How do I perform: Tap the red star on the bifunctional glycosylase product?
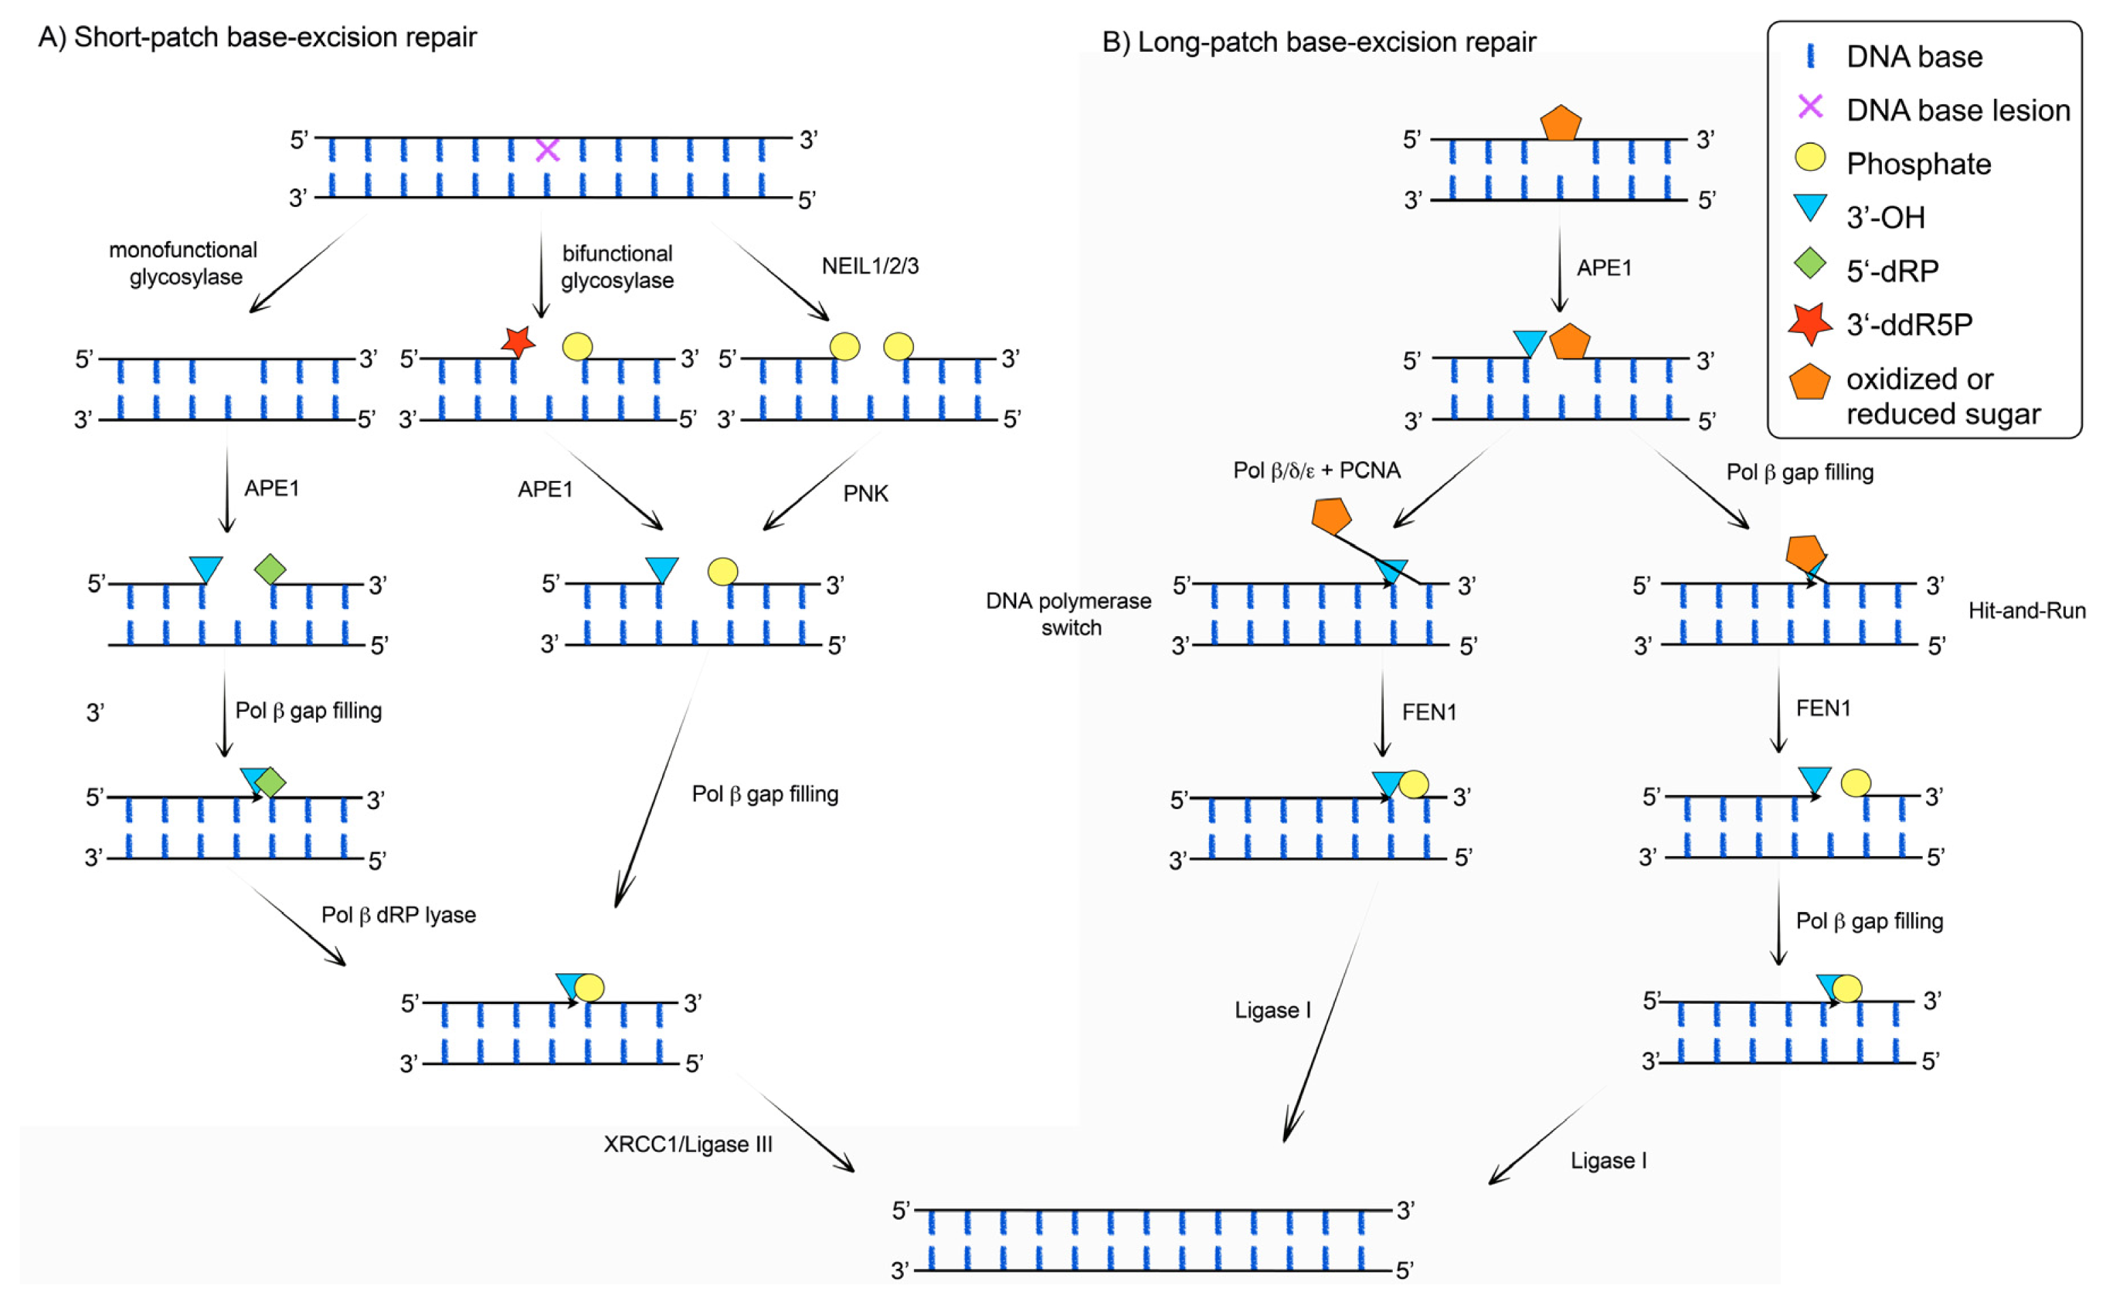tap(518, 343)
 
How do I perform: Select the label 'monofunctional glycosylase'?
tap(184, 263)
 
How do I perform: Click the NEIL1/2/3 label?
tap(870, 266)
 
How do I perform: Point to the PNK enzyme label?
tap(866, 494)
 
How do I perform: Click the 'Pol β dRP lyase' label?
tap(398, 915)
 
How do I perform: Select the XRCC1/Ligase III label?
tap(688, 1144)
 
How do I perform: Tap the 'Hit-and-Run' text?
tap(2026, 611)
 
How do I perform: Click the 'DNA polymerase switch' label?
tap(1069, 614)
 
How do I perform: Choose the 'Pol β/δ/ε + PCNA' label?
tap(1317, 471)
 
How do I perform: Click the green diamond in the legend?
tap(1810, 263)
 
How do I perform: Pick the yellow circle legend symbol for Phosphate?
tap(1810, 157)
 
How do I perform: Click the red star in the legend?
tap(1810, 324)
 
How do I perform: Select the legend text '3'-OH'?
tap(1886, 217)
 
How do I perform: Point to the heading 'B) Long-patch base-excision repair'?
tap(1319, 42)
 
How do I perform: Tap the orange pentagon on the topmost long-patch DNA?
tap(1560, 123)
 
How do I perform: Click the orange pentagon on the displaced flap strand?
tap(1331, 516)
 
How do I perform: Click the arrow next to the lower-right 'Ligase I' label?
tap(1547, 1134)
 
